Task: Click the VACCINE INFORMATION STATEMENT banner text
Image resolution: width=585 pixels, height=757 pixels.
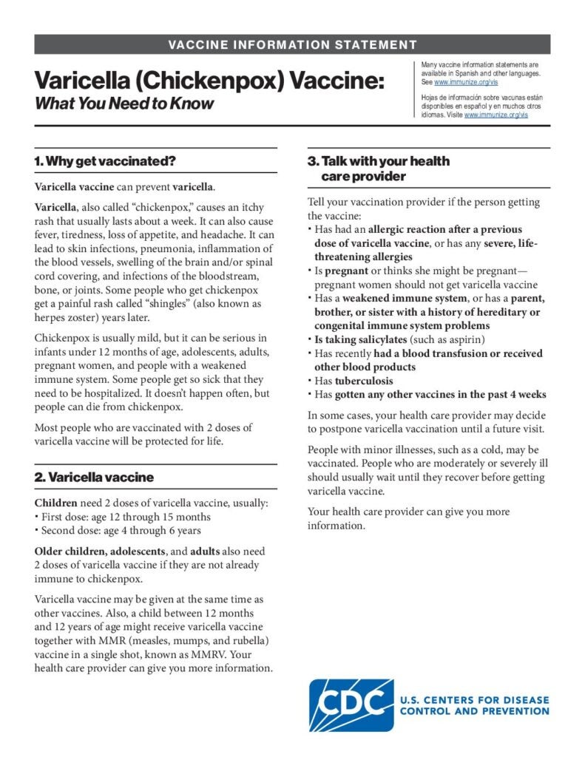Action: (292, 44)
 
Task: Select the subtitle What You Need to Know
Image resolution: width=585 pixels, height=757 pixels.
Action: (124, 103)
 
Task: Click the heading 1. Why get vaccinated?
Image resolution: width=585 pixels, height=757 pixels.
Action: (104, 160)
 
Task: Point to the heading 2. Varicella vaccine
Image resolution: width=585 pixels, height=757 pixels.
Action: (94, 478)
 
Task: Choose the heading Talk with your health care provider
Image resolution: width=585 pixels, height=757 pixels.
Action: (378, 169)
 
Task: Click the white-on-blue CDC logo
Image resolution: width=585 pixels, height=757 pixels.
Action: (351, 705)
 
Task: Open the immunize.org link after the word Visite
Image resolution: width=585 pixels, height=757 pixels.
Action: (496, 115)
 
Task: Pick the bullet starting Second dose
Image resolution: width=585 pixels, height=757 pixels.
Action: (121, 530)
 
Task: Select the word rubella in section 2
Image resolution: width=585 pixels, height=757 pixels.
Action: (248, 640)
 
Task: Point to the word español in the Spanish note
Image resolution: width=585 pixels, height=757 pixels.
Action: (468, 107)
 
